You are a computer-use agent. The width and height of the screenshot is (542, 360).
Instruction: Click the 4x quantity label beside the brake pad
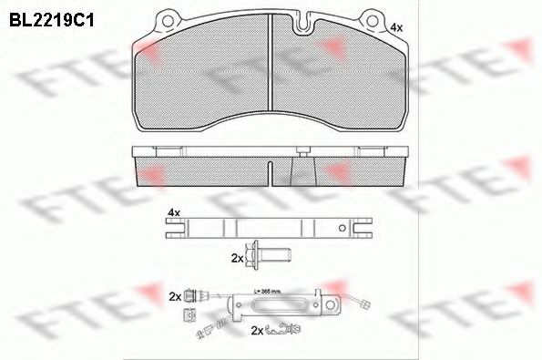[x=396, y=29]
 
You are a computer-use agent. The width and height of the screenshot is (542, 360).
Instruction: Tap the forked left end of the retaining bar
[x=173, y=230]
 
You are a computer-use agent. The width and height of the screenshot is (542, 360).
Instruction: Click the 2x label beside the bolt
[x=238, y=259]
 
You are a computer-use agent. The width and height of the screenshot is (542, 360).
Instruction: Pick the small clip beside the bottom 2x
[x=290, y=329]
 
